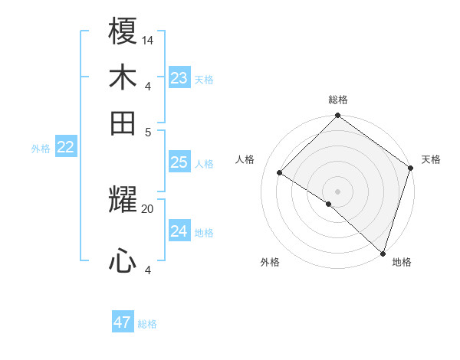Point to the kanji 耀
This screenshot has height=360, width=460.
[x=123, y=201]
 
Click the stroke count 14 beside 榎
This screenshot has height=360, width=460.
[x=148, y=40]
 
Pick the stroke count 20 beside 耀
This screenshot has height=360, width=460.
[x=148, y=208]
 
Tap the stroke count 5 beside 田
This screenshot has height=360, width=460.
[x=148, y=131]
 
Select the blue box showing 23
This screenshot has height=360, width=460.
[x=179, y=77]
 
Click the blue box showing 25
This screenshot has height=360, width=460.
[x=179, y=162]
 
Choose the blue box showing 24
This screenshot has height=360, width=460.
[x=179, y=231]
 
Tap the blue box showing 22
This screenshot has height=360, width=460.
[x=65, y=147]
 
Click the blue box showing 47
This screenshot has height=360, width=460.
[x=123, y=322]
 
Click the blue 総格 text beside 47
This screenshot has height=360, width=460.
[x=147, y=324]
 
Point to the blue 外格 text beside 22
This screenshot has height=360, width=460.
[x=40, y=149]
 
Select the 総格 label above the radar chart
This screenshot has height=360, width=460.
[x=338, y=100]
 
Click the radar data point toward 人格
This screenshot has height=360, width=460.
[x=280, y=173]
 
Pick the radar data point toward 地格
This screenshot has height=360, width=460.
[x=383, y=253]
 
